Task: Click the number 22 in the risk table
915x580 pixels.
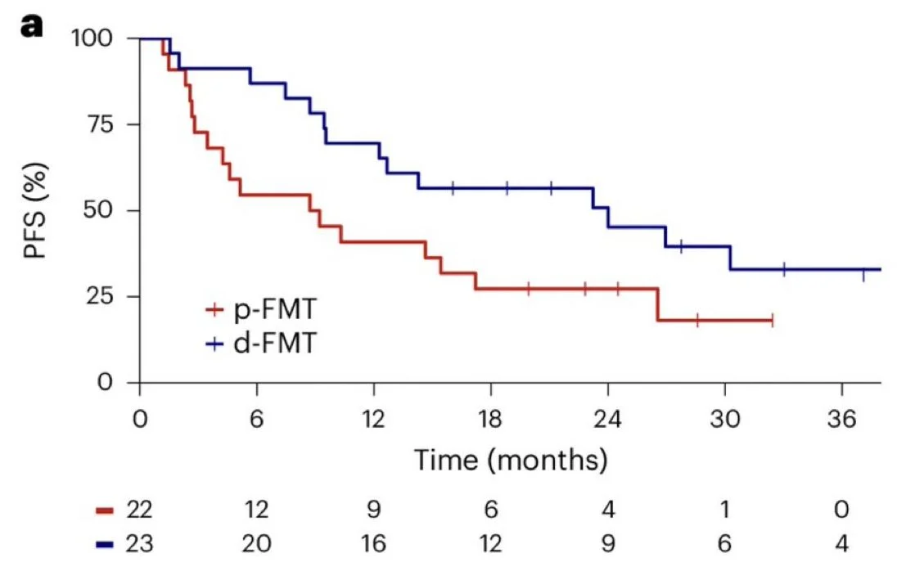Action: click(x=138, y=510)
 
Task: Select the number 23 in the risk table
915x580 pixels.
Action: click(x=138, y=542)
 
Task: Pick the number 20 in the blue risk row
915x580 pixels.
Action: click(x=256, y=542)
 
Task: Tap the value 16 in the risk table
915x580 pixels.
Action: click(x=373, y=542)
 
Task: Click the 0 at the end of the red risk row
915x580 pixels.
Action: click(x=841, y=510)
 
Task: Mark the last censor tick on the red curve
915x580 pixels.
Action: click(x=772, y=321)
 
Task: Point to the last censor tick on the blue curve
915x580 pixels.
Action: click(x=863, y=275)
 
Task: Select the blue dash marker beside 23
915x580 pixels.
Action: click(x=104, y=543)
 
